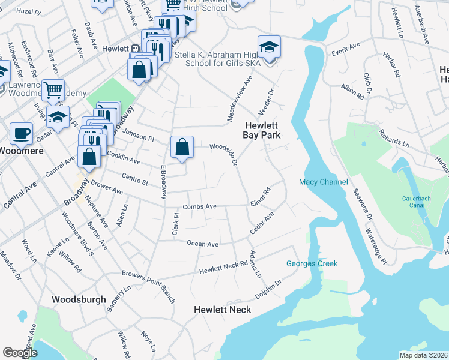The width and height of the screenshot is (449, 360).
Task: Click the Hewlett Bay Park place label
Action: tap(262, 130)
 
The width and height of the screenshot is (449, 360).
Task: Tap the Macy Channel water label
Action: tap(324, 182)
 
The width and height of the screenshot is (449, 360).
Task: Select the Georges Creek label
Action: tap(312, 263)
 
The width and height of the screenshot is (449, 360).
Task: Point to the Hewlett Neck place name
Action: tap(222, 310)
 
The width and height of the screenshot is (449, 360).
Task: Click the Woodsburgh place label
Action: tap(79, 299)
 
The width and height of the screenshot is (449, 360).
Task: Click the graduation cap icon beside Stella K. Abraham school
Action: tap(269, 47)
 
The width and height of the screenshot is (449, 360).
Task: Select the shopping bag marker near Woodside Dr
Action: tap(182, 147)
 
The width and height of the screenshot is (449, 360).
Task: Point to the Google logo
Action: tap(20, 353)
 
